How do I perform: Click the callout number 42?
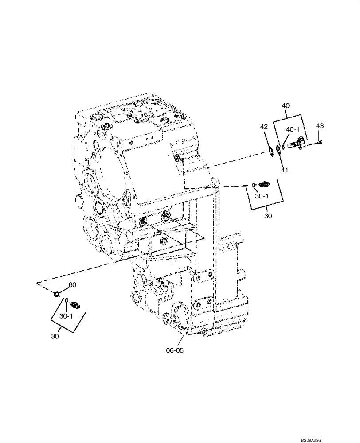pyautogui.click(x=264, y=127)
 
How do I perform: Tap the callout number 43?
pyautogui.click(x=320, y=126)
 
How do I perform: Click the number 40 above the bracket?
pyautogui.click(x=286, y=106)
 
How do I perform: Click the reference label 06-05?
pyautogui.click(x=175, y=350)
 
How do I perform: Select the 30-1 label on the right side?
pyautogui.click(x=263, y=195)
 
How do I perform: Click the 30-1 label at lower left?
pyautogui.click(x=67, y=317)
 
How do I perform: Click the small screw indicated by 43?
pyautogui.click(x=320, y=142)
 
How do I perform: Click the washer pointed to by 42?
pyautogui.click(x=270, y=152)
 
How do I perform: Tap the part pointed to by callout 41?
pyautogui.click(x=278, y=149)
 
